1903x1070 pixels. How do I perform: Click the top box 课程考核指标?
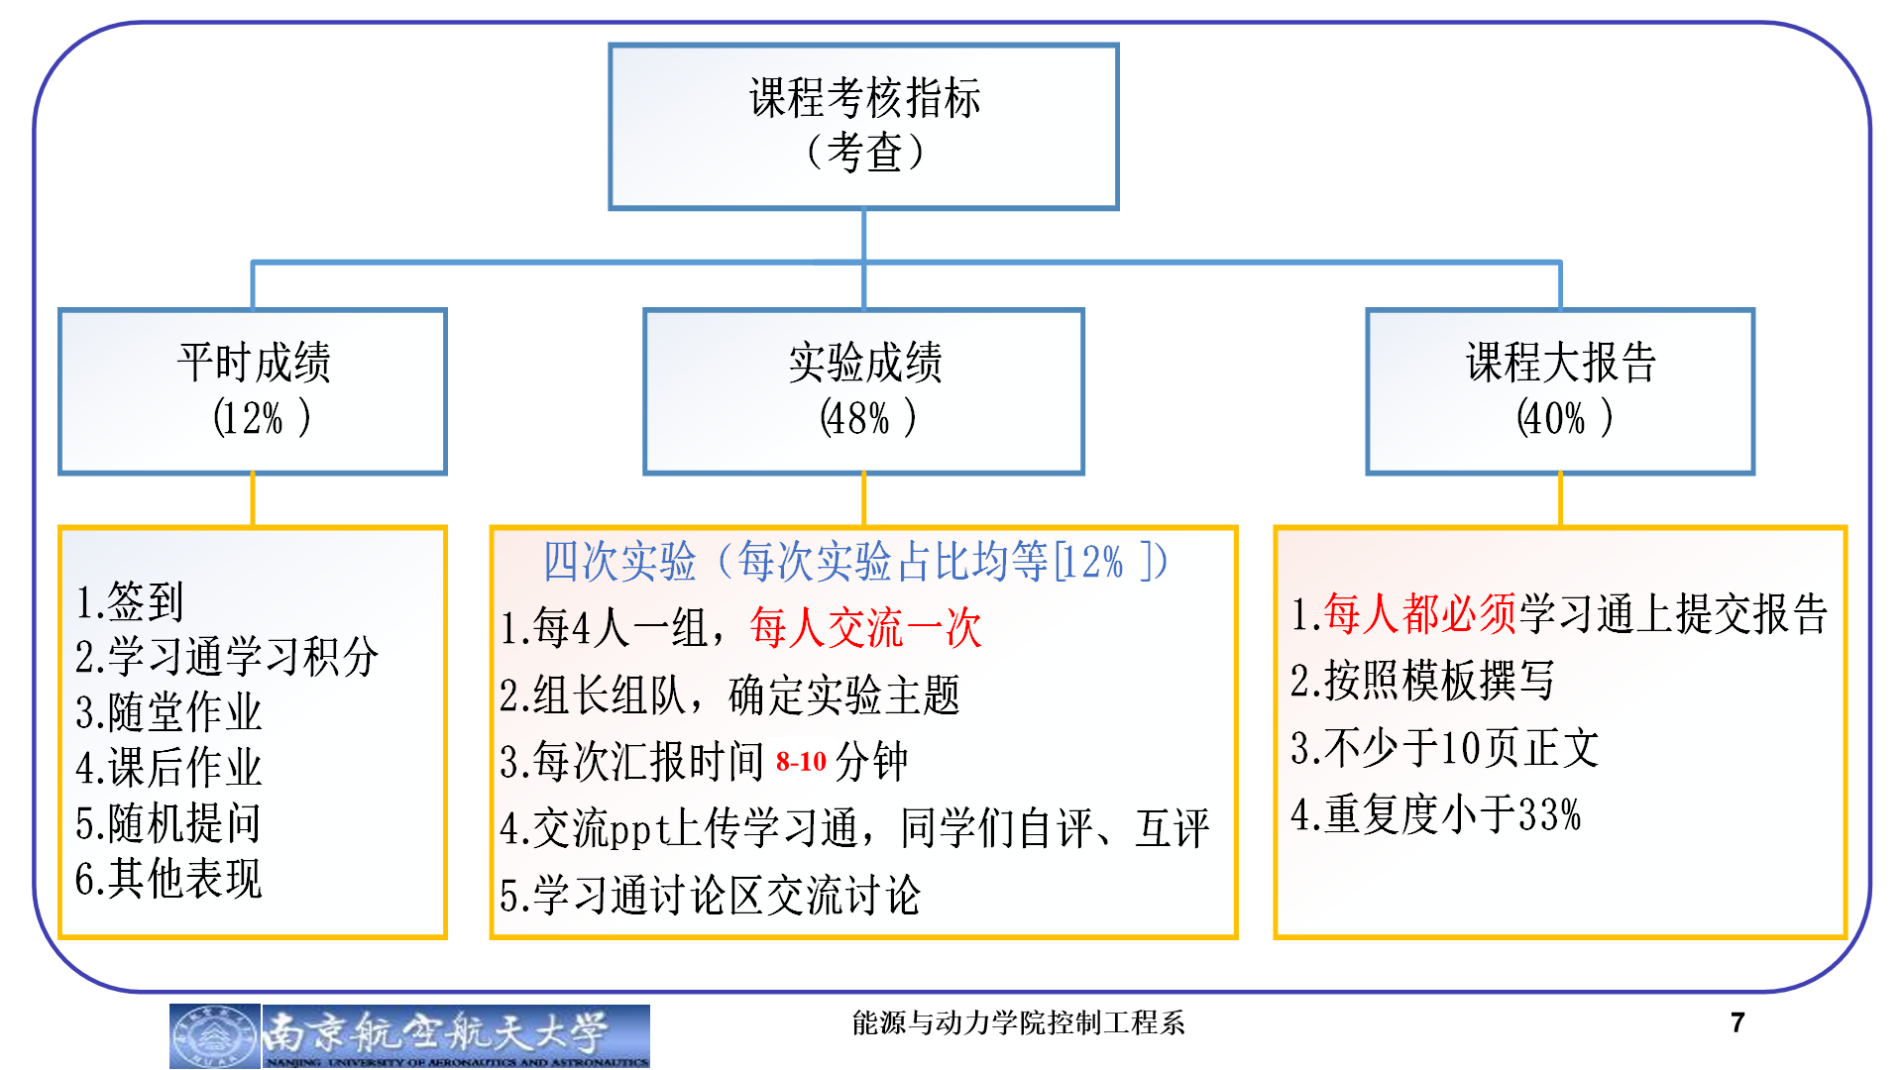tap(863, 126)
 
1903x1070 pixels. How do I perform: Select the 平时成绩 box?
tap(253, 390)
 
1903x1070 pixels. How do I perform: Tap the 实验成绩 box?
tap(863, 390)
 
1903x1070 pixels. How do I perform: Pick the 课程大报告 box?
tap(1560, 390)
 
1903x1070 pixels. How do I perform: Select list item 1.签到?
tap(130, 601)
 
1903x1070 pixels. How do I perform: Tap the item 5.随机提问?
tap(168, 823)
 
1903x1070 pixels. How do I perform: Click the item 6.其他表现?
tap(168, 879)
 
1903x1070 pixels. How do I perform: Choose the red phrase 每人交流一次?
tap(865, 628)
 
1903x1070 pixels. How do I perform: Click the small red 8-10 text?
tap(801, 762)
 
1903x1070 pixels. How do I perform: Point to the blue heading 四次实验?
tap(619, 562)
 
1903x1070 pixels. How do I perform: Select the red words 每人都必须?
tap(1419, 614)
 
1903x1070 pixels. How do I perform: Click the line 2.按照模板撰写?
tap(1422, 681)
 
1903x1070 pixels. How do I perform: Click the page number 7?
tap(1736, 1022)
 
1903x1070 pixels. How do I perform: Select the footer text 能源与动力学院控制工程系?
tap(1018, 1022)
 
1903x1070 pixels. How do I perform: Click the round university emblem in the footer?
tap(214, 1036)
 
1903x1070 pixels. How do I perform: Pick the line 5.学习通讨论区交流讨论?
tap(711, 896)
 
